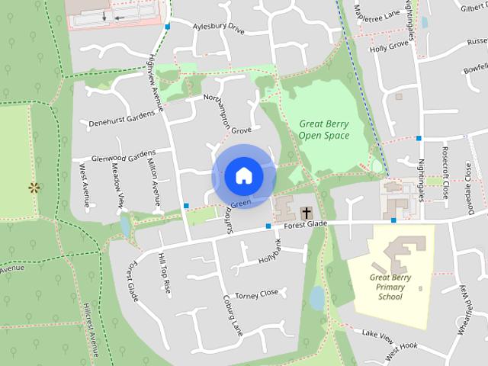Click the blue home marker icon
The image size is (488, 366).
pyautogui.click(x=243, y=176)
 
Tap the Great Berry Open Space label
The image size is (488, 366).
pyautogui.click(x=324, y=129)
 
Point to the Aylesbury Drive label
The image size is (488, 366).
pyautogui.click(x=218, y=28)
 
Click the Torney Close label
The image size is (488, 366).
pyautogui.click(x=257, y=294)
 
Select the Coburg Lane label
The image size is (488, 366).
pyautogui.click(x=232, y=315)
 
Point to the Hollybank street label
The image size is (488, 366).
pyautogui.click(x=270, y=251)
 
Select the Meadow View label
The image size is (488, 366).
pyautogui.click(x=118, y=185)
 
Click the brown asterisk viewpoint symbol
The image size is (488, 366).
pyautogui.click(x=34, y=187)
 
